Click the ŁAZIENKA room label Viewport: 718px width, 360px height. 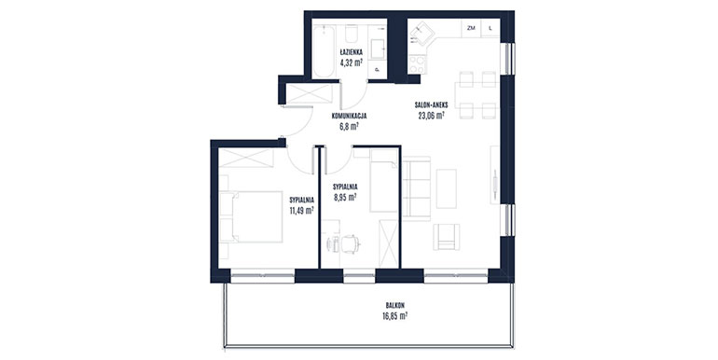[x=352, y=51]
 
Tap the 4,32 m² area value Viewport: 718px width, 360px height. [x=352, y=62]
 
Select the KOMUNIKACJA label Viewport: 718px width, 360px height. [x=349, y=117]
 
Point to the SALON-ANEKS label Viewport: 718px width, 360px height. [x=431, y=104]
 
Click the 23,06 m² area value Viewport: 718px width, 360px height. [x=431, y=116]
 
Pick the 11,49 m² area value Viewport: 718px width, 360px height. [x=301, y=210]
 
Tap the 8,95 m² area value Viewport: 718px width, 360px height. [x=345, y=198]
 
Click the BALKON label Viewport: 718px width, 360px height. [x=395, y=305]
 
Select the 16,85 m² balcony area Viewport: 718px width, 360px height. [x=395, y=315]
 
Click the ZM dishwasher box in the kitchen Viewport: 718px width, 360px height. [x=471, y=28]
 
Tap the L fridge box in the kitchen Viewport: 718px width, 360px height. [x=490, y=28]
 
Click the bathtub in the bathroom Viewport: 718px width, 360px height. [x=324, y=51]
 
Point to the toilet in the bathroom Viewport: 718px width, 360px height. [x=352, y=33]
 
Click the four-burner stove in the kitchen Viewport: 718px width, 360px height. [x=417, y=64]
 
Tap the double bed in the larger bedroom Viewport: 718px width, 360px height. [x=251, y=216]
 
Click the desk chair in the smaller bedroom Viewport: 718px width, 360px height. [x=350, y=243]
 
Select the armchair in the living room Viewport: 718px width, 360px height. [x=446, y=236]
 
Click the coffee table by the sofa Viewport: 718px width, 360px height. [x=446, y=188]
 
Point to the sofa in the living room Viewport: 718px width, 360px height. [x=416, y=187]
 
